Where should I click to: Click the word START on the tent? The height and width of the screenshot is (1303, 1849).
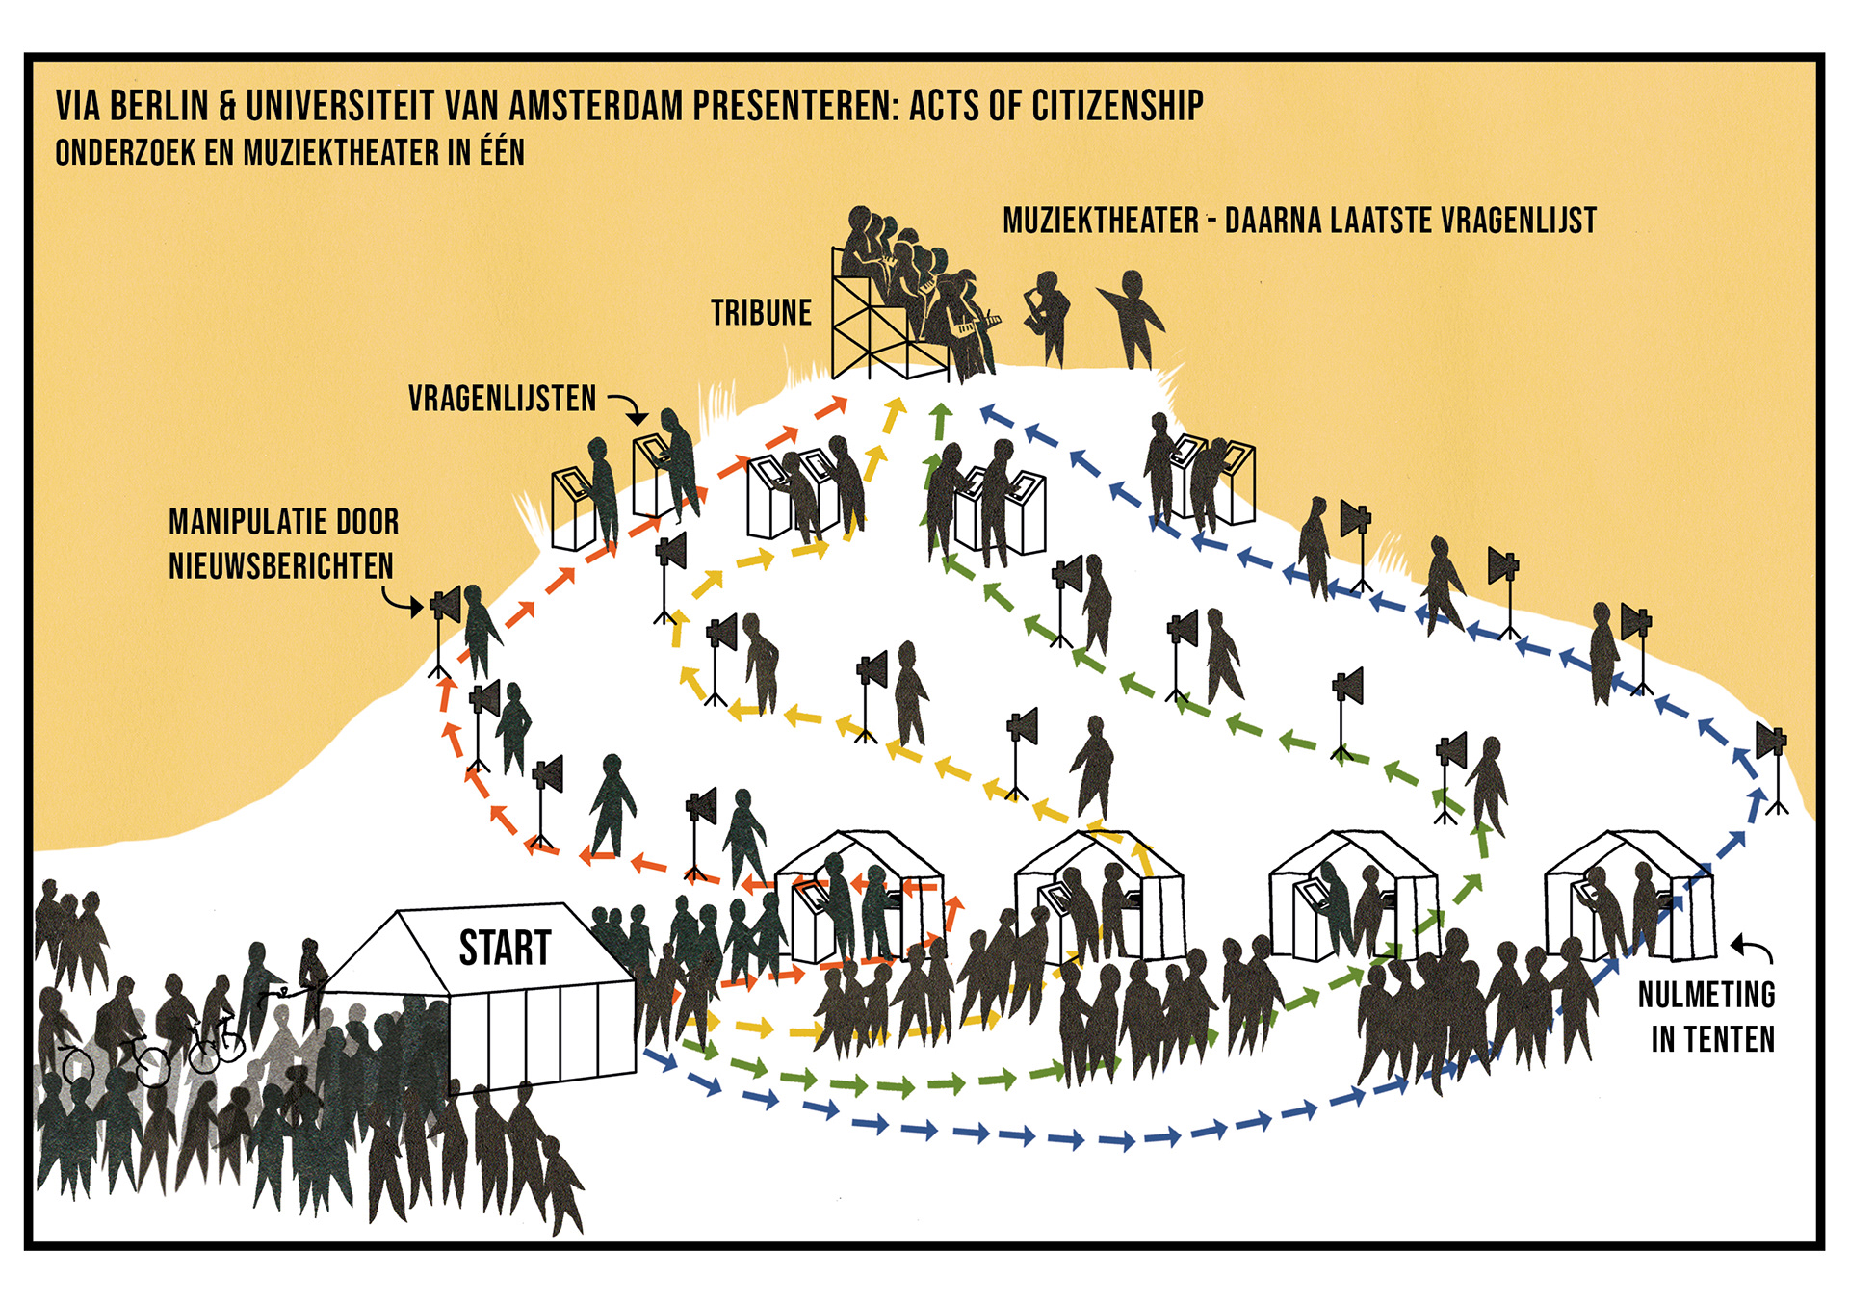click(505, 948)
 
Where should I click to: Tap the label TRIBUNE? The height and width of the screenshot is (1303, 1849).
click(761, 313)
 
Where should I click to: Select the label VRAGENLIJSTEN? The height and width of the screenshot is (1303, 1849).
click(502, 399)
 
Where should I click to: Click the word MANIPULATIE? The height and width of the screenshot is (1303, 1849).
click(245, 521)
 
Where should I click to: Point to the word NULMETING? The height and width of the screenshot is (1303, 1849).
click(1706, 994)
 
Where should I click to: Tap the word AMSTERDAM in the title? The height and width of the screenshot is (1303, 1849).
click(596, 106)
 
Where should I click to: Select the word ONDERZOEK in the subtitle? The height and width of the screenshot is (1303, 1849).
click(125, 153)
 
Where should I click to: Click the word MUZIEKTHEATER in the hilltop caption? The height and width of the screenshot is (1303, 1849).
click(1101, 221)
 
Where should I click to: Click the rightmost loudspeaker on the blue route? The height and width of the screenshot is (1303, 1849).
click(1770, 743)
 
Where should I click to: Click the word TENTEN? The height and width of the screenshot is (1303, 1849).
click(1712, 1039)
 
